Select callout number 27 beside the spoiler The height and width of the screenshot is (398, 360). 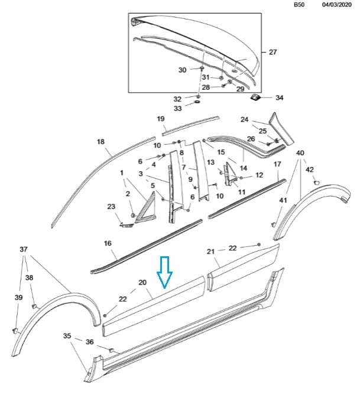(x=273, y=52)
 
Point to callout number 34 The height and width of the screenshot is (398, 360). (x=280, y=97)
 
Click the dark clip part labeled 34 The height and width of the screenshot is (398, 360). (x=257, y=97)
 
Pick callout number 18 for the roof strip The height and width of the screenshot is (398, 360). (x=100, y=142)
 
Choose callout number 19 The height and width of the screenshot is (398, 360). (x=160, y=119)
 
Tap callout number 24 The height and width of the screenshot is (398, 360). (x=244, y=119)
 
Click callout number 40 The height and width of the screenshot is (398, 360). (x=300, y=154)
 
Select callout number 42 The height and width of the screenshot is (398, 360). (x=309, y=169)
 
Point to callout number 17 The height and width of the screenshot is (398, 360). (x=277, y=164)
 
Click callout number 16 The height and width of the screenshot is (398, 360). (x=108, y=243)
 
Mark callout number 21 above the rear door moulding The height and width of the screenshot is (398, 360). (x=210, y=252)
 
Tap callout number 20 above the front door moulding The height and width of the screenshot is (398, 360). (x=142, y=283)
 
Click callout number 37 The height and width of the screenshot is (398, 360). (x=24, y=249)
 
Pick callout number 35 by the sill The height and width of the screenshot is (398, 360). (x=67, y=335)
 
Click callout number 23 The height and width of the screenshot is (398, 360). (x=111, y=206)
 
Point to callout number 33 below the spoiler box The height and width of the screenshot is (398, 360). (x=177, y=109)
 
